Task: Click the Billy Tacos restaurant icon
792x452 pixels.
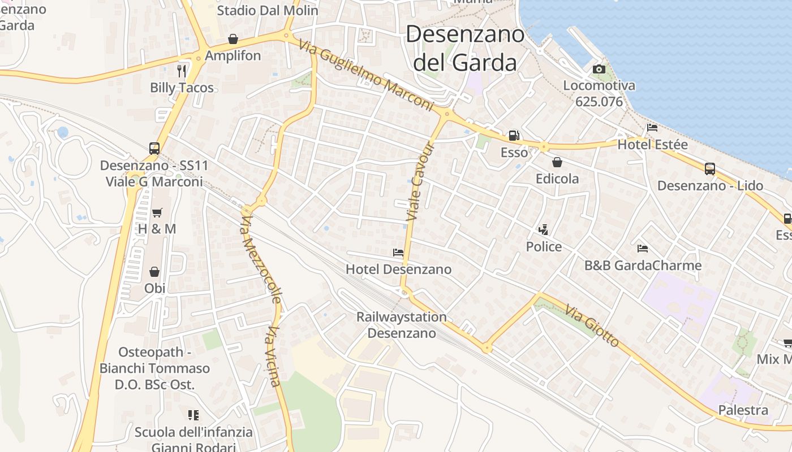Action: (182, 71)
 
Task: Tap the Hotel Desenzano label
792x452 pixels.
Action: (398, 270)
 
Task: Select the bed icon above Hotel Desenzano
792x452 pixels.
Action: (398, 253)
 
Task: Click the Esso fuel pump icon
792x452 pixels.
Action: (514, 136)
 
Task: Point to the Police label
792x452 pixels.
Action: (544, 247)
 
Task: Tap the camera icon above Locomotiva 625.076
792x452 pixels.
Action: (599, 69)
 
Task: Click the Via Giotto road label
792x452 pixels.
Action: (592, 326)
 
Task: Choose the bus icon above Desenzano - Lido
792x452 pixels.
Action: (710, 168)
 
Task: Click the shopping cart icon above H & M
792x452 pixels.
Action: (157, 213)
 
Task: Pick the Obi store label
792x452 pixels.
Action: (154, 288)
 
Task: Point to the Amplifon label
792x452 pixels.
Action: (233, 56)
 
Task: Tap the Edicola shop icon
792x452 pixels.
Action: (557, 163)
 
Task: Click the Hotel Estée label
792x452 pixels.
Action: (652, 145)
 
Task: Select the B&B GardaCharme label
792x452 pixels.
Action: (643, 266)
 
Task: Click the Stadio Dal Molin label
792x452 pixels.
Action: (268, 10)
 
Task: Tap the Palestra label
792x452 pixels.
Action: (743, 410)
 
